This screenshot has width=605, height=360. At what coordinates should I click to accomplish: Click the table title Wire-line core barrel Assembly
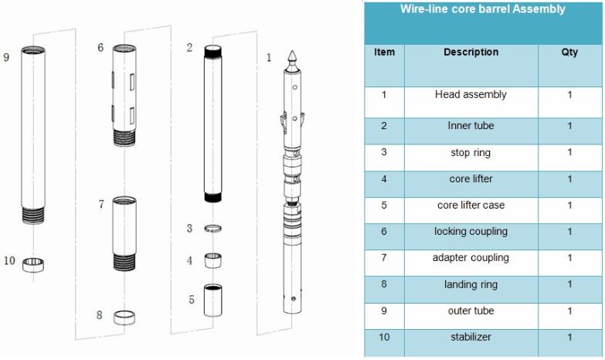click(x=482, y=10)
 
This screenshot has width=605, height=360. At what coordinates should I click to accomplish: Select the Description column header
click(x=471, y=53)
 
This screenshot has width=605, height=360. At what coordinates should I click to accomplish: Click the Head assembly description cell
click(x=471, y=95)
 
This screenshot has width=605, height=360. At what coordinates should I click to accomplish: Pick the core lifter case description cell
click(x=471, y=205)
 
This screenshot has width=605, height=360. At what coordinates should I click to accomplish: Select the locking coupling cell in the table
click(x=471, y=232)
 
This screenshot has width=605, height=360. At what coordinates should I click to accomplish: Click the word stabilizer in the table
click(x=471, y=337)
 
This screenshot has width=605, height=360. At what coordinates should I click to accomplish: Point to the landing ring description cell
click(x=471, y=284)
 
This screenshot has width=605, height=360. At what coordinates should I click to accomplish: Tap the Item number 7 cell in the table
click(x=384, y=257)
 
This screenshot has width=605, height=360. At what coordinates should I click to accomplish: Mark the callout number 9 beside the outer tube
click(x=6, y=57)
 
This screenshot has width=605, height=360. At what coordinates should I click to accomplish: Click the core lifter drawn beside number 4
click(x=214, y=260)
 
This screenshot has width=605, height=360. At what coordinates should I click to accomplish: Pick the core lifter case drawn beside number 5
click(x=213, y=300)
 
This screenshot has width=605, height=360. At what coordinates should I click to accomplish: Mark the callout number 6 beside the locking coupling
click(x=100, y=48)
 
